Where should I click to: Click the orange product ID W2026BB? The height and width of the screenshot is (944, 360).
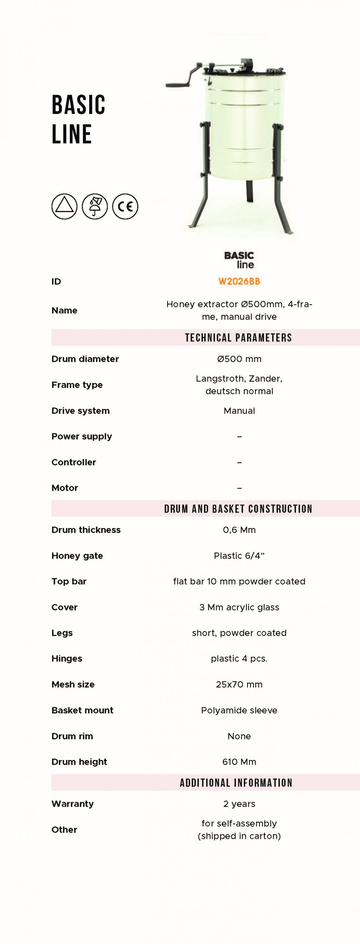coord(239,281)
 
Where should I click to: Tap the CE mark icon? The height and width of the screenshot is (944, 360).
coord(125,206)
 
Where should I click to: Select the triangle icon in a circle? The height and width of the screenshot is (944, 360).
coord(65,206)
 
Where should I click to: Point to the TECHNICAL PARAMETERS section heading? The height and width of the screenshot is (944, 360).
coord(238,338)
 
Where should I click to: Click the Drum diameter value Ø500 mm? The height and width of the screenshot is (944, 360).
coord(239,359)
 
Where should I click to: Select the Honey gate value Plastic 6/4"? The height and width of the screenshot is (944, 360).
coord(239,556)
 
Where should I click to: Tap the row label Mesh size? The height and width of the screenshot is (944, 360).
coord(73,684)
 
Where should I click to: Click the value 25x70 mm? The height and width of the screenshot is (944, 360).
coord(239,684)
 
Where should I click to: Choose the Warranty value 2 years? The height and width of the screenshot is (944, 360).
coord(239,804)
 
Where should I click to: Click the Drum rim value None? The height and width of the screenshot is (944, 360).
coord(239,736)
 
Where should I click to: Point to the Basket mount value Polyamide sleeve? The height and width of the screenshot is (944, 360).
coord(239,710)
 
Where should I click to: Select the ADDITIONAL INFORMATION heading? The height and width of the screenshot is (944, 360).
coord(236,783)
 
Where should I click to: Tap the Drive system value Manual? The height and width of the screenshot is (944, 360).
coord(239,411)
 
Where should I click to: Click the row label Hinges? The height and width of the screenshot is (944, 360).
coord(67,659)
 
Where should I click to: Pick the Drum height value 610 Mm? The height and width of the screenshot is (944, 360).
coord(239,762)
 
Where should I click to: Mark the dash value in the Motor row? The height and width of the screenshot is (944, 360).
coord(239,488)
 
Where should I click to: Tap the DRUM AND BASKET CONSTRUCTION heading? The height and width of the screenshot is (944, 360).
coord(238,509)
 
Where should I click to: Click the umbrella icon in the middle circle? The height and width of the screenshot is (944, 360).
coord(95,206)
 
